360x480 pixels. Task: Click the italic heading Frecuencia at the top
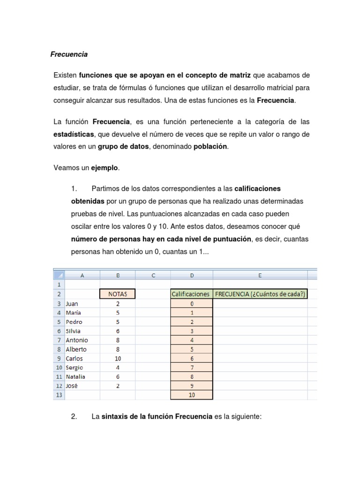click(x=69, y=54)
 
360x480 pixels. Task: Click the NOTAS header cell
click(x=118, y=294)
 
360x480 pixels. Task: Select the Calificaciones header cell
click(x=191, y=294)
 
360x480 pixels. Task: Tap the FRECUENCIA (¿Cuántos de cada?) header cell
click(x=260, y=294)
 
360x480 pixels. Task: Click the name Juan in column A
click(x=73, y=304)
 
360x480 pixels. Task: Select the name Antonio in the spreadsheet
click(x=77, y=340)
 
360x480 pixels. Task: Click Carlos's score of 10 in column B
click(x=118, y=359)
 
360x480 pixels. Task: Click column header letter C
click(x=153, y=276)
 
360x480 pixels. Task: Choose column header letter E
click(x=260, y=276)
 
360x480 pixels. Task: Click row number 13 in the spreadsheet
click(x=59, y=395)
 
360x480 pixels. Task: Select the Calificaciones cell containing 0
click(x=192, y=304)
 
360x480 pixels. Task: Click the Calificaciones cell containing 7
click(x=192, y=367)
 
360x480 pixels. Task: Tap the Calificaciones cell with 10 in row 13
click(x=192, y=395)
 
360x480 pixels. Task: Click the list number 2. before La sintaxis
click(x=74, y=417)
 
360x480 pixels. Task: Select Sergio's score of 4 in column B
click(x=118, y=367)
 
